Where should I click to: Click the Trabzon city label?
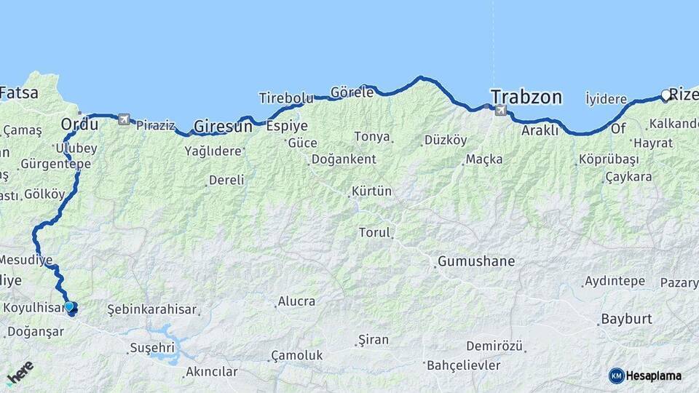coord(526,98)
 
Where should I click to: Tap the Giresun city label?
coord(223,126)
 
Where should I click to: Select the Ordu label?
coord(79,124)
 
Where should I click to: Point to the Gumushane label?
coord(476,261)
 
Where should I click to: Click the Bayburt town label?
coord(625,319)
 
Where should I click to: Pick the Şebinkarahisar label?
coord(151,309)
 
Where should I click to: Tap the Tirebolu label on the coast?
coord(286,98)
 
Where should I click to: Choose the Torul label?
coord(375,233)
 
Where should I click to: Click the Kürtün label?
coord(371,191)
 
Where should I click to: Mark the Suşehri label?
coord(152,348)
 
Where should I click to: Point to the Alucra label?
coord(296,301)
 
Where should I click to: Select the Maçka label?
coord(484,159)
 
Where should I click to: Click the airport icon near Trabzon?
coord(500,110)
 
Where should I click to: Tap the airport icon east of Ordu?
coord(124,119)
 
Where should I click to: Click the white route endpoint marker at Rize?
coord(666,95)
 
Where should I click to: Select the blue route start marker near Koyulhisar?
coord(69,306)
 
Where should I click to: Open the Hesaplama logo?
coord(645,376)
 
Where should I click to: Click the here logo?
coord(20,373)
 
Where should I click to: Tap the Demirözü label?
coord(494,346)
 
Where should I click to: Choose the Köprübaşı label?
coord(609,159)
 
